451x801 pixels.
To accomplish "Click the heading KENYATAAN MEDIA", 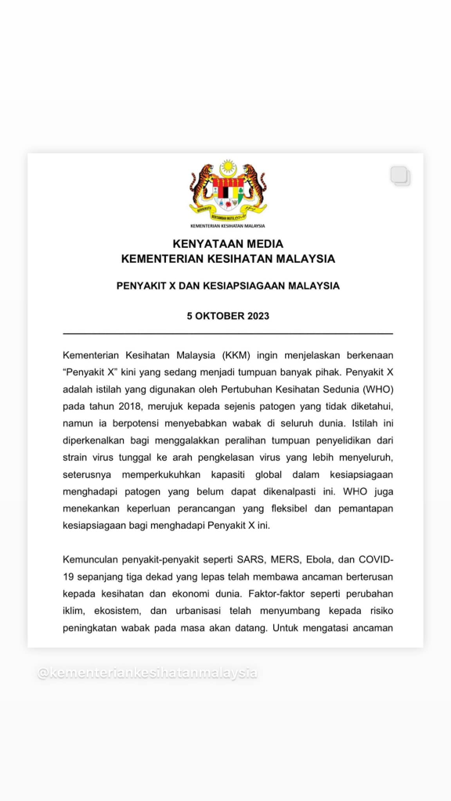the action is pos(228,244).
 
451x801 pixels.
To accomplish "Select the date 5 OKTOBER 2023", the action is pos(228,316).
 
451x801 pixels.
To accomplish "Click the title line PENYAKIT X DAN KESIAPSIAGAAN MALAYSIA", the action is pos(228,286).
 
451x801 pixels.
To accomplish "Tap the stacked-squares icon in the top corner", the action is pos(400,176).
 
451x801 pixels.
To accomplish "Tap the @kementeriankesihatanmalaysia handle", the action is pos(147,673).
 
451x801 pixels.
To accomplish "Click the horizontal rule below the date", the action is pos(228,334).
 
